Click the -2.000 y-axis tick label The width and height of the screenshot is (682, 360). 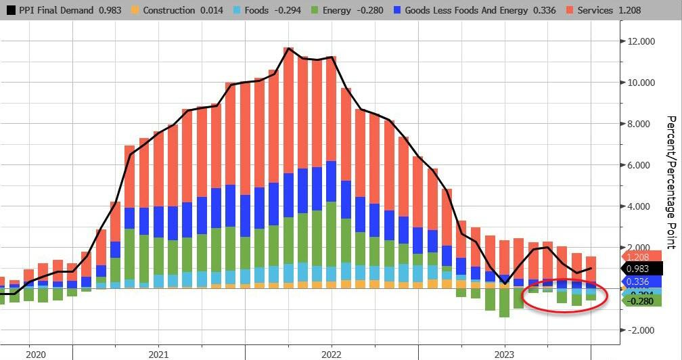(x=638, y=330)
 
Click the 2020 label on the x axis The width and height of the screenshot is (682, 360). (x=35, y=354)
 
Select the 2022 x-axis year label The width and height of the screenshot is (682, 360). (x=331, y=354)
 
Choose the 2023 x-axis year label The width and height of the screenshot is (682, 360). (x=504, y=354)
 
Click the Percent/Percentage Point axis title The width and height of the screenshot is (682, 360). (x=671, y=181)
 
